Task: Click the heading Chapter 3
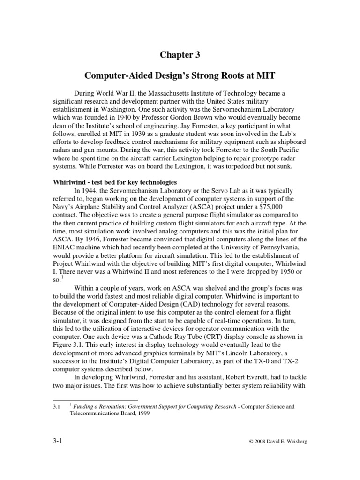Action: (x=180, y=55)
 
